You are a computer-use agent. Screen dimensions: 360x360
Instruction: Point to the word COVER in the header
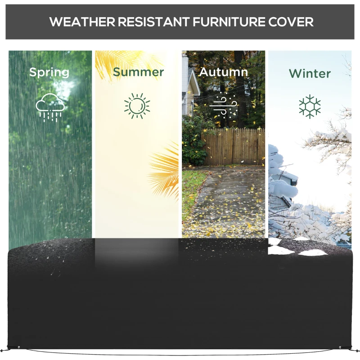290,22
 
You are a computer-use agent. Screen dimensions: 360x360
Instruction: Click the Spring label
49,72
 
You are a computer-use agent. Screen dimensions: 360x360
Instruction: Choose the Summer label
138,72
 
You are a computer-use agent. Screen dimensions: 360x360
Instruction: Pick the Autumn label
223,72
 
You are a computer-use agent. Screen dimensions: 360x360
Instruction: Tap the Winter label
310,73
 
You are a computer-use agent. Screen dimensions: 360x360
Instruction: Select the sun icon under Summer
137,106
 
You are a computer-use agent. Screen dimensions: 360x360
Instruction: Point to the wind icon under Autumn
223,106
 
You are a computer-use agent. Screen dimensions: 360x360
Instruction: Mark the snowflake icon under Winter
310,106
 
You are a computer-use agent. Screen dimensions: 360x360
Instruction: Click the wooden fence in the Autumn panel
234,146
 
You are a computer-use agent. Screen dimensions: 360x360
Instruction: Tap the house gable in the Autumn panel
192,85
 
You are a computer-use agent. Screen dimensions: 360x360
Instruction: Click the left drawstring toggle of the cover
18,347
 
